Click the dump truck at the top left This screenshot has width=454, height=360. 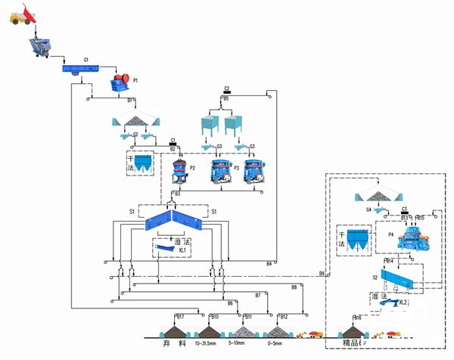[x=23, y=14]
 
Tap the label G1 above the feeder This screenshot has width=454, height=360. [x=86, y=59]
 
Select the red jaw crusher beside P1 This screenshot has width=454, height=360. [x=118, y=82]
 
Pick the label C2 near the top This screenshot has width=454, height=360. [x=226, y=88]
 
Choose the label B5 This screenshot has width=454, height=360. [x=225, y=98]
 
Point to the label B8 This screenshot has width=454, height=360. [x=294, y=287]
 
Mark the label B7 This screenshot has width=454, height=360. [x=258, y=294]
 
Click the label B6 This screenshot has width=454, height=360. [x=230, y=303]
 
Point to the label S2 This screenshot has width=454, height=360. [x=375, y=278]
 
